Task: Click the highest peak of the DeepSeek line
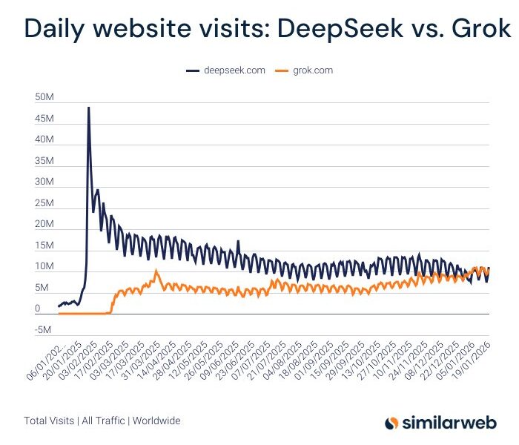click(89, 108)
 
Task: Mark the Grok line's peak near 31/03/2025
click(156, 271)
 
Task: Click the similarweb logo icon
click(392, 422)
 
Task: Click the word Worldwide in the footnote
click(156, 421)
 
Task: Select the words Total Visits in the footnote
click(49, 421)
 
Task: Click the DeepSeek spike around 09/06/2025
click(238, 241)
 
